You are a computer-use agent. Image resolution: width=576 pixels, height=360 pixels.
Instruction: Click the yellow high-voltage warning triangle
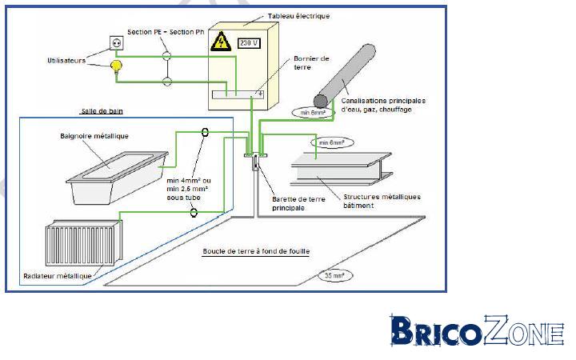(x=221, y=42)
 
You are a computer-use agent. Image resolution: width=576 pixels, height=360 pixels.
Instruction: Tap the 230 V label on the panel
(x=249, y=43)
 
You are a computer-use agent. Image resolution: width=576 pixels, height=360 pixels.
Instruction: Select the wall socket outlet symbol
(x=117, y=42)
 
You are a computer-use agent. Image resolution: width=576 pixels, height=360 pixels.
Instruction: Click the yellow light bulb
(x=117, y=66)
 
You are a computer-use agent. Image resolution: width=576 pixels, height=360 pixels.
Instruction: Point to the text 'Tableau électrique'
(x=298, y=16)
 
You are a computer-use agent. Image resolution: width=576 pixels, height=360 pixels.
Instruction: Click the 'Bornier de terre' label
(x=311, y=63)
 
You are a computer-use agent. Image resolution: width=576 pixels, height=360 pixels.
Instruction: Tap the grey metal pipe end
(x=321, y=101)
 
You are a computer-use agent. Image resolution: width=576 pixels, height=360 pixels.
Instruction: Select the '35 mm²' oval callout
(x=334, y=275)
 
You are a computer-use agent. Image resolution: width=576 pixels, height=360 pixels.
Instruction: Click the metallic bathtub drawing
(x=117, y=178)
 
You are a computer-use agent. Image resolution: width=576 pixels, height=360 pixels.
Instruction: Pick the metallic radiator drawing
(x=84, y=242)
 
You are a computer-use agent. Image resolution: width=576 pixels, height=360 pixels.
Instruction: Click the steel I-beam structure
(x=342, y=168)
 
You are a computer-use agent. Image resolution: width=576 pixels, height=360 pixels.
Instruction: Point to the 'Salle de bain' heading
(x=102, y=111)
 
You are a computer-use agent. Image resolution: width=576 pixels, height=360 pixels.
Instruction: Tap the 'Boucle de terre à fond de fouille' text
(x=256, y=251)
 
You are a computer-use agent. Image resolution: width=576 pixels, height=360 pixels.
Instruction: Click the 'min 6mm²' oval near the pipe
(x=313, y=113)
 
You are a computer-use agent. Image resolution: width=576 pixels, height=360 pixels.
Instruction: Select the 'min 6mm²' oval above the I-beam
(x=332, y=142)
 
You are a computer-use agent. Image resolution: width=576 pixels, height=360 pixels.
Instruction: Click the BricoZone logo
(x=477, y=330)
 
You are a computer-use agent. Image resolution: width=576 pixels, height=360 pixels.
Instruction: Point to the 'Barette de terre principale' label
(x=298, y=203)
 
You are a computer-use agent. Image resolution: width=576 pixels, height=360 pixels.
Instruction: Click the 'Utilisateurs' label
(x=66, y=61)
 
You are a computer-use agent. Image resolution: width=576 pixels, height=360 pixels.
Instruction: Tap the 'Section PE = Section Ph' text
(x=166, y=32)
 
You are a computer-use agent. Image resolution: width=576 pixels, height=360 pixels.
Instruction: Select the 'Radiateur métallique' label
(x=58, y=276)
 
